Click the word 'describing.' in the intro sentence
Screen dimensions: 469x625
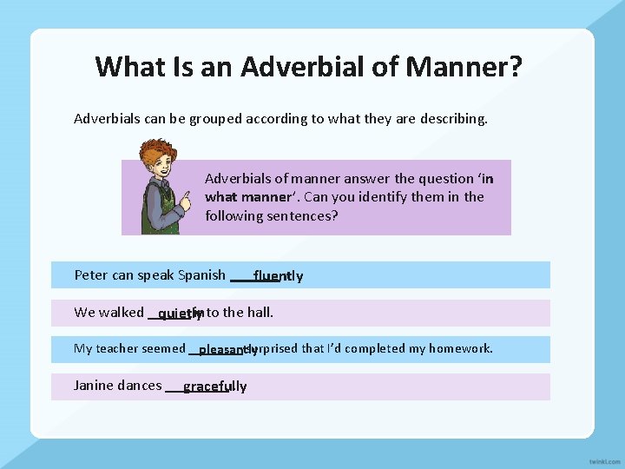tap(452, 118)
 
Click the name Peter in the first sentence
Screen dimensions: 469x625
tap(91, 275)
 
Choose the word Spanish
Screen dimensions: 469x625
tap(201, 275)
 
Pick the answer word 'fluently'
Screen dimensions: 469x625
tap(278, 276)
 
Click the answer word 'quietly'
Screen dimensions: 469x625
tap(179, 314)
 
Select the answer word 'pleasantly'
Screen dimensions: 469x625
tap(227, 350)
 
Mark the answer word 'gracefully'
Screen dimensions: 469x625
tap(214, 386)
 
